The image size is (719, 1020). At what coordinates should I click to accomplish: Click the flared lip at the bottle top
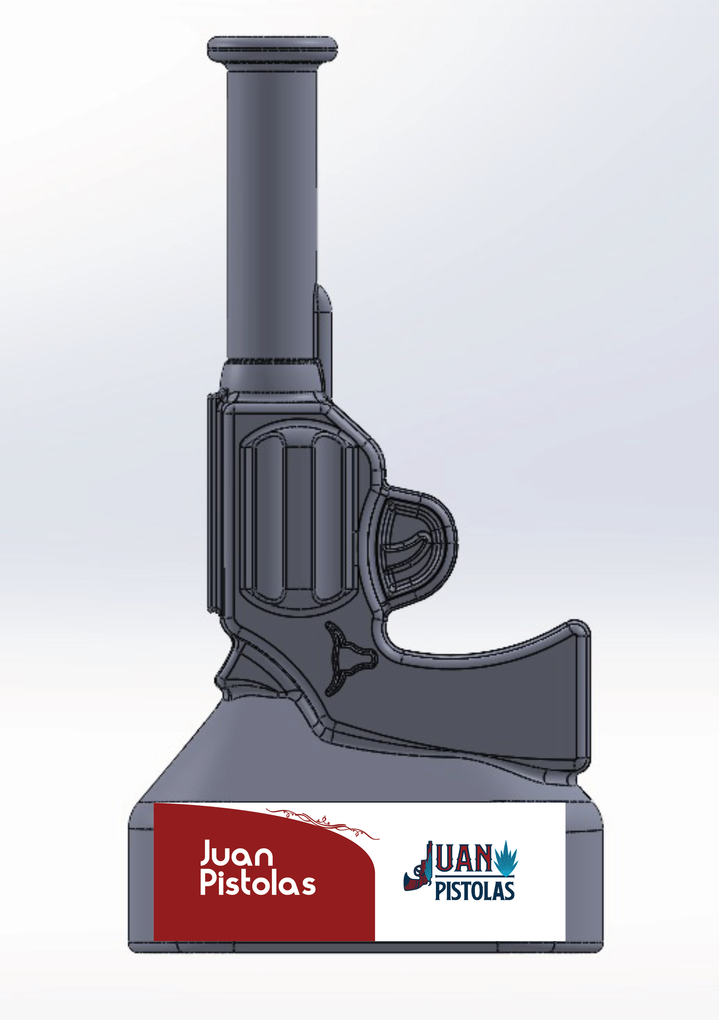pyautogui.click(x=272, y=49)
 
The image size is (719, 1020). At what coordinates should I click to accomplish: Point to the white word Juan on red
pyautogui.click(x=236, y=854)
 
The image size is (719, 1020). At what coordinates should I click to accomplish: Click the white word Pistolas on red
pyautogui.click(x=258, y=883)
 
